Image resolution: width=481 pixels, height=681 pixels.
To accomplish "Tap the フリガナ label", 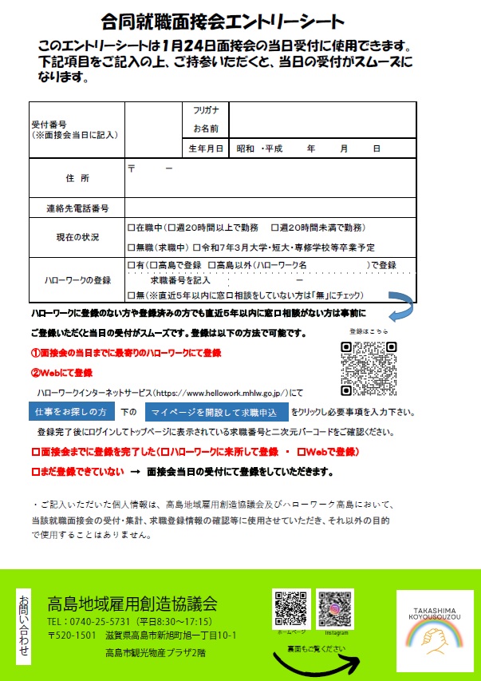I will [206, 110].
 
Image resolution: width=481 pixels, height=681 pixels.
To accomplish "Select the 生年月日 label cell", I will [206, 148].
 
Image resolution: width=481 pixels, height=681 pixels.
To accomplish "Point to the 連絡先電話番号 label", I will [77, 208].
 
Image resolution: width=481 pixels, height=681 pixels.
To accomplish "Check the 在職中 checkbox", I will [132, 228].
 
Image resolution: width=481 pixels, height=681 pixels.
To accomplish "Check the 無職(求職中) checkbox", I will [132, 247].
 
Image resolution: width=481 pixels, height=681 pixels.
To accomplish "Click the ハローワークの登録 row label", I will [77, 280].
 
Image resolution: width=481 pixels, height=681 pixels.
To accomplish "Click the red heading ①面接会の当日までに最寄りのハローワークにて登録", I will [125, 352].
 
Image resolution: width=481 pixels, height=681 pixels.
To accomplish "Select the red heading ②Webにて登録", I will [61, 373].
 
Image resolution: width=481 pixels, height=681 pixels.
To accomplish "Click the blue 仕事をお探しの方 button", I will [71, 412].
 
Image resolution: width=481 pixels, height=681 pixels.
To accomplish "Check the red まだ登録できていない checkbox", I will [34, 472].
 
